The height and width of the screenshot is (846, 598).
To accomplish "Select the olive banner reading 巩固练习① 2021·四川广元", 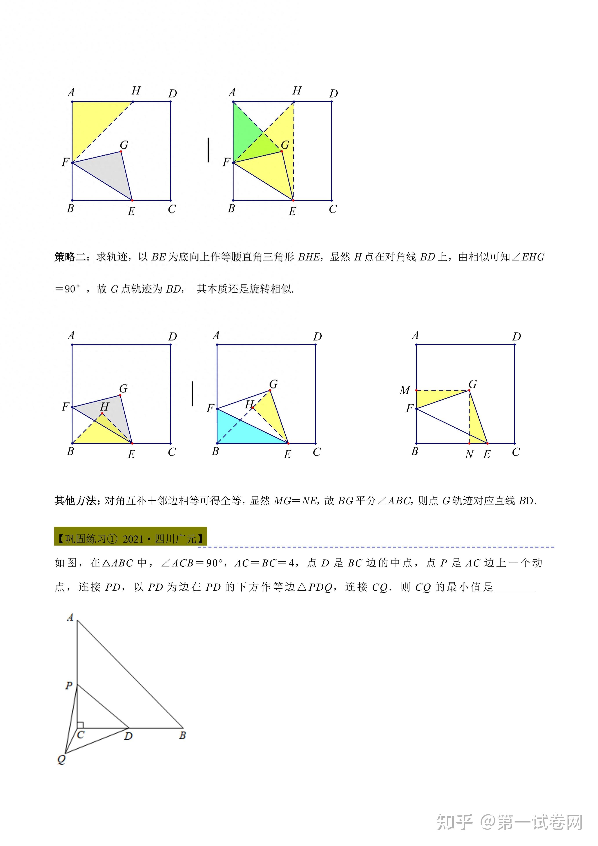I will pyautogui.click(x=130, y=539).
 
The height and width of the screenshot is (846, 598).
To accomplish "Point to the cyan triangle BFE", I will pyautogui.click(x=243, y=431).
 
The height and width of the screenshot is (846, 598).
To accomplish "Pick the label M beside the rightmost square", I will pyautogui.click(x=405, y=390).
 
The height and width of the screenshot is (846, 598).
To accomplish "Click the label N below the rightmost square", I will pyautogui.click(x=469, y=455).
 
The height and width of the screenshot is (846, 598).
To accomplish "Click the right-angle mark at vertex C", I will pyautogui.click(x=80, y=725).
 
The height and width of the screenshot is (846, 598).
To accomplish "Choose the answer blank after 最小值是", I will pyautogui.click(x=515, y=587).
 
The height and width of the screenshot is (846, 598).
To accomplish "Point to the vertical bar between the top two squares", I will pyautogui.click(x=208, y=150).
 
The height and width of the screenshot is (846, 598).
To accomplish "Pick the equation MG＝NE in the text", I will pyautogui.click(x=295, y=501).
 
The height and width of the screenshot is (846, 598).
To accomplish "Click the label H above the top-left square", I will pyautogui.click(x=136, y=91).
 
